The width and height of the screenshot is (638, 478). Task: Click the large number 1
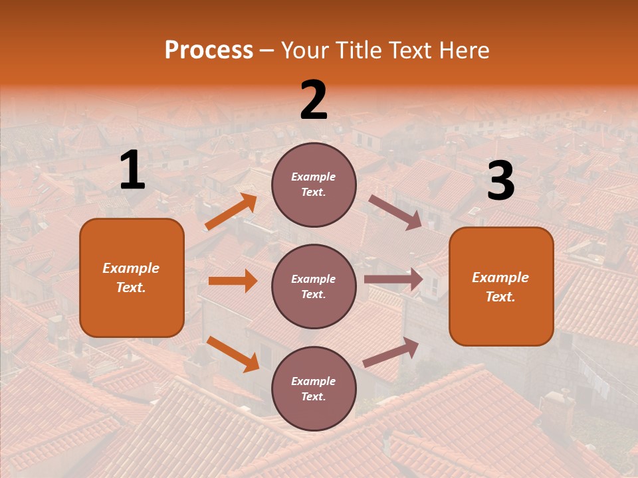pos(132,171)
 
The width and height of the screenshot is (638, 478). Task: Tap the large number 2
pos(314,100)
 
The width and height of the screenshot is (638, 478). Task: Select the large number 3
pos(500,181)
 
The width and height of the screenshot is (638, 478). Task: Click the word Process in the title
pos(209,50)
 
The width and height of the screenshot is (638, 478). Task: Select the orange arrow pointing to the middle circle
pos(233,281)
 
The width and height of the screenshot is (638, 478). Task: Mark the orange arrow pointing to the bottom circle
pos(233,354)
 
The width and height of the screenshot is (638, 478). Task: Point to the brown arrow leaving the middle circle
pos(393,279)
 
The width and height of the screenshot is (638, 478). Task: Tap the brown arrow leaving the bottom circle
pos(391,353)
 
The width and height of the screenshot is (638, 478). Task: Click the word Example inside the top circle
pos(313,177)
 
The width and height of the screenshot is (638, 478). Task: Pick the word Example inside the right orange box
pos(500,278)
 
